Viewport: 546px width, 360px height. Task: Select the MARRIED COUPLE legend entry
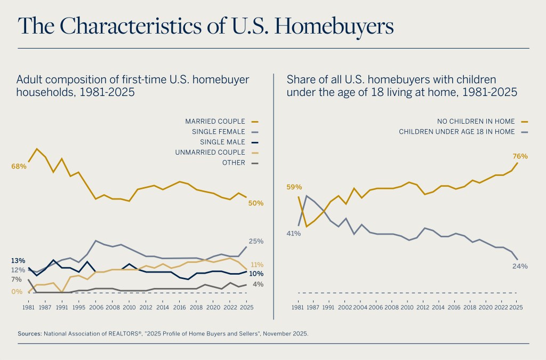215,122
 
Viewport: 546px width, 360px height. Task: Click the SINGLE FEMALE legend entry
219,132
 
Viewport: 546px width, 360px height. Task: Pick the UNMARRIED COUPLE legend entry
210,153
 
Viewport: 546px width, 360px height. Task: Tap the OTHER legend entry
234,163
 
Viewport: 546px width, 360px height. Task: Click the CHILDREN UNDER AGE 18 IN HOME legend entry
456,132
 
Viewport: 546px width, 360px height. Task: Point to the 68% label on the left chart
19,166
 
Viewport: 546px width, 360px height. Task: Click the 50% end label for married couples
256,203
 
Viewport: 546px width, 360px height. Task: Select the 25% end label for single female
256,242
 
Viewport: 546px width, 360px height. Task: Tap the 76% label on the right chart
520,156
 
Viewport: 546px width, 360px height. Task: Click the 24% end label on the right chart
520,266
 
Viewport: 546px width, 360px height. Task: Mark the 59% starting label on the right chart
294,187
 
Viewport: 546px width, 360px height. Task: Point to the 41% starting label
294,233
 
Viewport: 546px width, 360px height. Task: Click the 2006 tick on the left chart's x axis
95,308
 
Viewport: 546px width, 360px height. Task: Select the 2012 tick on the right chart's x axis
422,308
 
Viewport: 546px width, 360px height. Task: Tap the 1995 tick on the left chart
79,308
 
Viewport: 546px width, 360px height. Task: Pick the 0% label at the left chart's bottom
17,292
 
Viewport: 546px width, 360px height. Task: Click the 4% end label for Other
258,284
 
